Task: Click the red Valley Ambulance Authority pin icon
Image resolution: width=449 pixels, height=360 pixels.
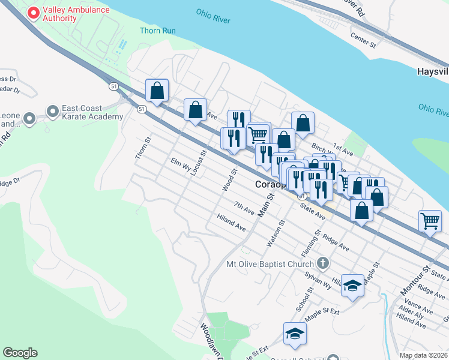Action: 34,12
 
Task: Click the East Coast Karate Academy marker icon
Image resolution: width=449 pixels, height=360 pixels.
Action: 52,111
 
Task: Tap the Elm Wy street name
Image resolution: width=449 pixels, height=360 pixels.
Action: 181,164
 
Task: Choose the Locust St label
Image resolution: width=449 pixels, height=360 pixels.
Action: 199,163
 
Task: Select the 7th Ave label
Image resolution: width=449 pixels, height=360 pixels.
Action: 244,208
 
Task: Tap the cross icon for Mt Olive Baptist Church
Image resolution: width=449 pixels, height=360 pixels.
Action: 323,263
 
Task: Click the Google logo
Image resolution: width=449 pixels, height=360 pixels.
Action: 20,353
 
